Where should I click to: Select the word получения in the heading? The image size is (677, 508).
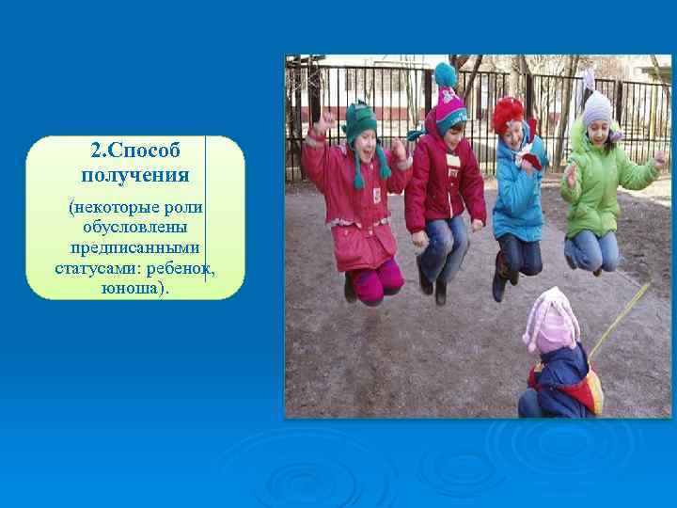tap(135, 175)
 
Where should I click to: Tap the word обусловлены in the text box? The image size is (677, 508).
tap(134, 228)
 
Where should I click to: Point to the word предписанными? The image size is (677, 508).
tap(134, 248)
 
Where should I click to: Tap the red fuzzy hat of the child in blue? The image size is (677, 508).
tap(509, 114)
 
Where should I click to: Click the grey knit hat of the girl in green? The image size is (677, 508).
tap(596, 110)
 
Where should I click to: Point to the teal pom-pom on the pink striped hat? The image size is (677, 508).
tap(445, 74)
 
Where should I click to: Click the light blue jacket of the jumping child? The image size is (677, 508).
tap(516, 197)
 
